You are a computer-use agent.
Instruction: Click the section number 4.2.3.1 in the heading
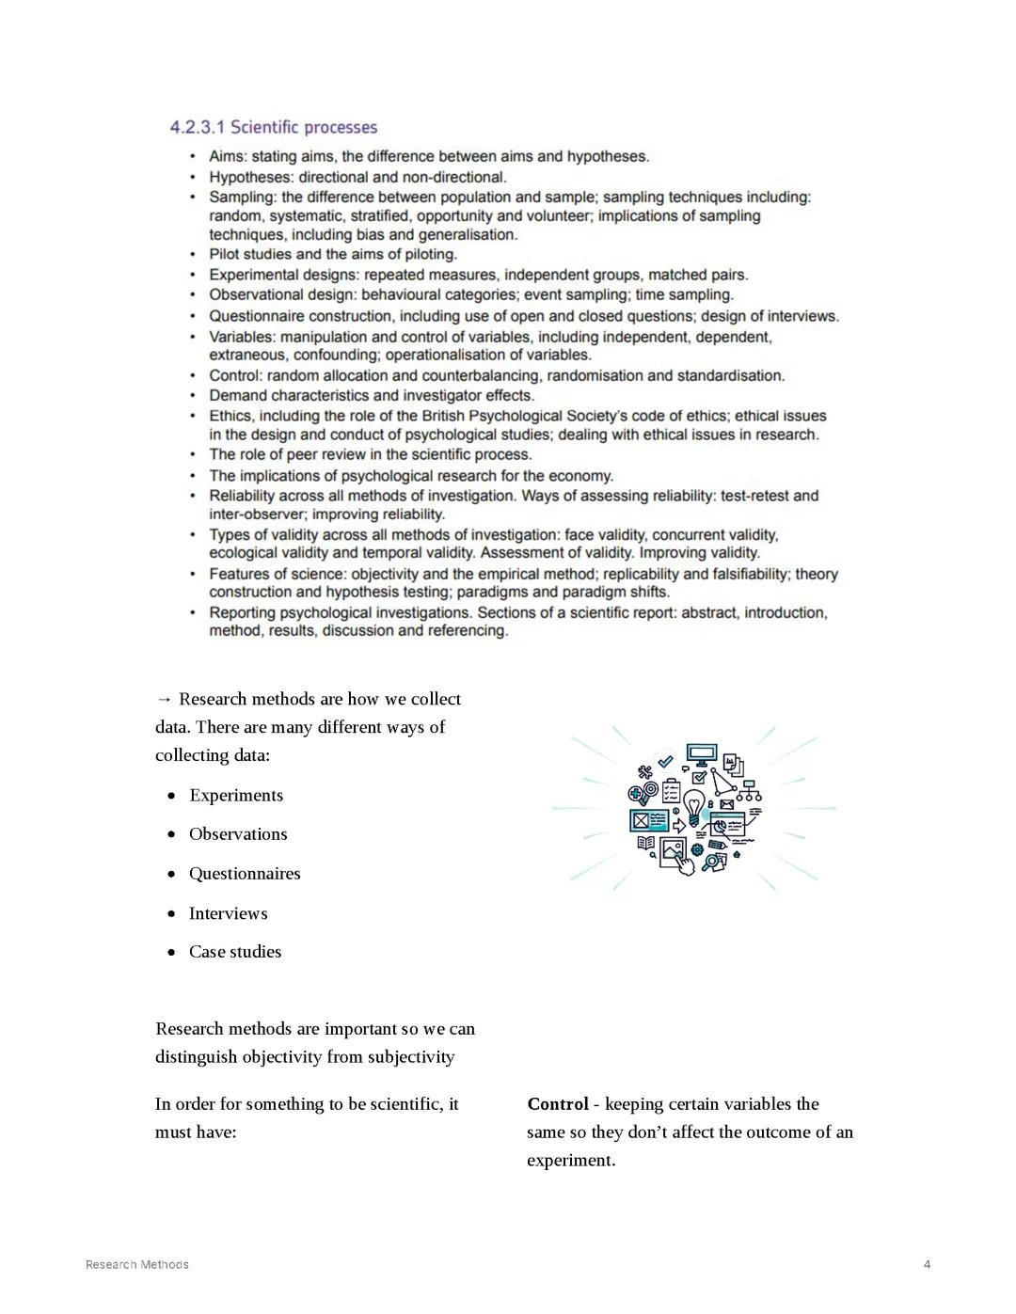click(x=197, y=127)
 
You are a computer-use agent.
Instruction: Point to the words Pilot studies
click(x=250, y=254)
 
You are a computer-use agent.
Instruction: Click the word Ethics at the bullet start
click(x=230, y=416)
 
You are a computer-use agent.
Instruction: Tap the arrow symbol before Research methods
click(x=165, y=699)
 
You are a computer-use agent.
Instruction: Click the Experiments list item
click(x=236, y=796)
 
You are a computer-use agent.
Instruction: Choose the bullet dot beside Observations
click(x=171, y=834)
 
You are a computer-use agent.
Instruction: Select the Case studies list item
click(x=235, y=952)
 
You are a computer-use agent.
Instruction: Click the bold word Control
click(x=558, y=1104)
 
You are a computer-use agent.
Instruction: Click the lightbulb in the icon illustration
click(x=693, y=806)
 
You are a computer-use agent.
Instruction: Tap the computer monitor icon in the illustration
click(x=701, y=754)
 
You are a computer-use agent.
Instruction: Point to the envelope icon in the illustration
click(x=726, y=804)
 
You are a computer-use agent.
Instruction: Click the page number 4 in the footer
click(x=927, y=1264)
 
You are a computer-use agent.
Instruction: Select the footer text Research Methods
click(x=137, y=1264)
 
